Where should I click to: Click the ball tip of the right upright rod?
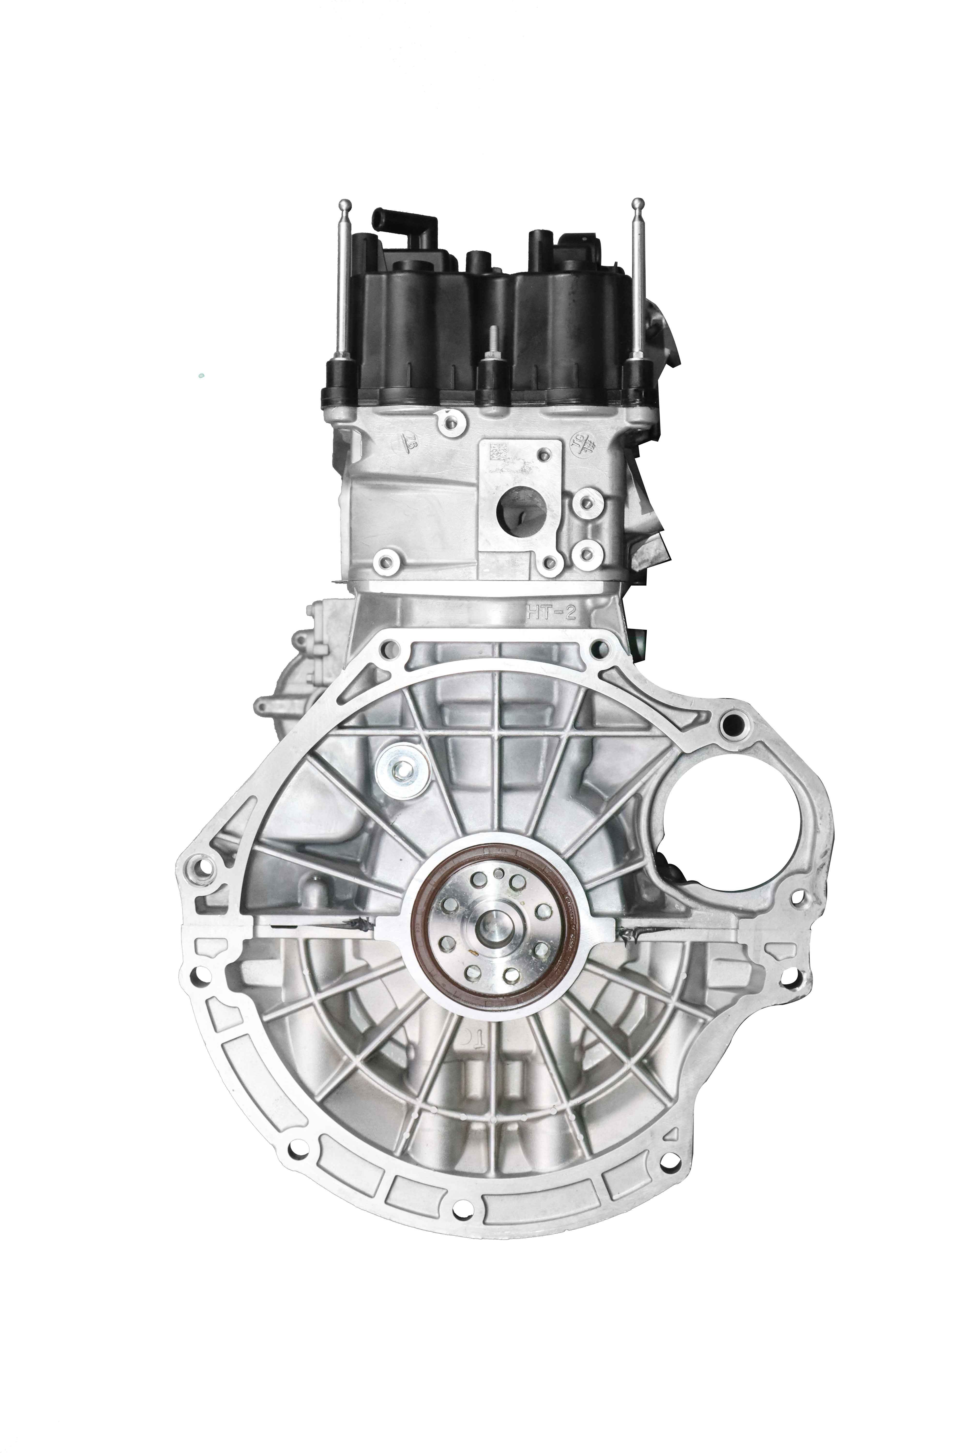(638, 203)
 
